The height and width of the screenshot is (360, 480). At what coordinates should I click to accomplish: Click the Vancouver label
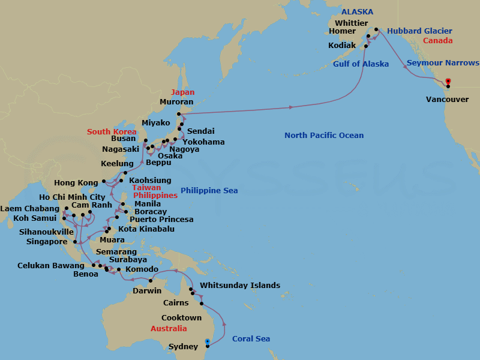(447, 99)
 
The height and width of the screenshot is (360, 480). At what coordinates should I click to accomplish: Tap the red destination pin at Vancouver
(448, 82)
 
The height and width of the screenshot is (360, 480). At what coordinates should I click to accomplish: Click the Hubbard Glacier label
(419, 31)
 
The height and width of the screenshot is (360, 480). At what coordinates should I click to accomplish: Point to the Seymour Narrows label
(443, 63)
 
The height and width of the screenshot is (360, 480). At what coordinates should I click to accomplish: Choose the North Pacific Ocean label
(324, 136)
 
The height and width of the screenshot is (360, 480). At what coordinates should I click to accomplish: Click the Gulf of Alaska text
(361, 64)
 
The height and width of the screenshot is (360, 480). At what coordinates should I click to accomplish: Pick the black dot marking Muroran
(179, 113)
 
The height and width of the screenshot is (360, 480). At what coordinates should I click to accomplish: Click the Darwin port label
(146, 291)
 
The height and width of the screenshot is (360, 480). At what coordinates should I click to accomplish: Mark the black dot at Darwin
(150, 281)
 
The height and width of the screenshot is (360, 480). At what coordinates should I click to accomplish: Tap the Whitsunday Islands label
(240, 286)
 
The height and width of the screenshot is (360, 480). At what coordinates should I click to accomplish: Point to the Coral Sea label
(251, 339)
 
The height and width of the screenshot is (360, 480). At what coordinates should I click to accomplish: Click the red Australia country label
(169, 329)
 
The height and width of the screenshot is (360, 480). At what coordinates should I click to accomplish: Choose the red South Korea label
(112, 132)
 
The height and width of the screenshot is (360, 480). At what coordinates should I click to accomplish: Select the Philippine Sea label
(209, 191)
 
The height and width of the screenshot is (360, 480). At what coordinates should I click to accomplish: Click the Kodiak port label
(343, 46)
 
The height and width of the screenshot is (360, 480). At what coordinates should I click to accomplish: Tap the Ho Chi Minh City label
(72, 197)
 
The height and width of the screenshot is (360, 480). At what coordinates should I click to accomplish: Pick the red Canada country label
(438, 41)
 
